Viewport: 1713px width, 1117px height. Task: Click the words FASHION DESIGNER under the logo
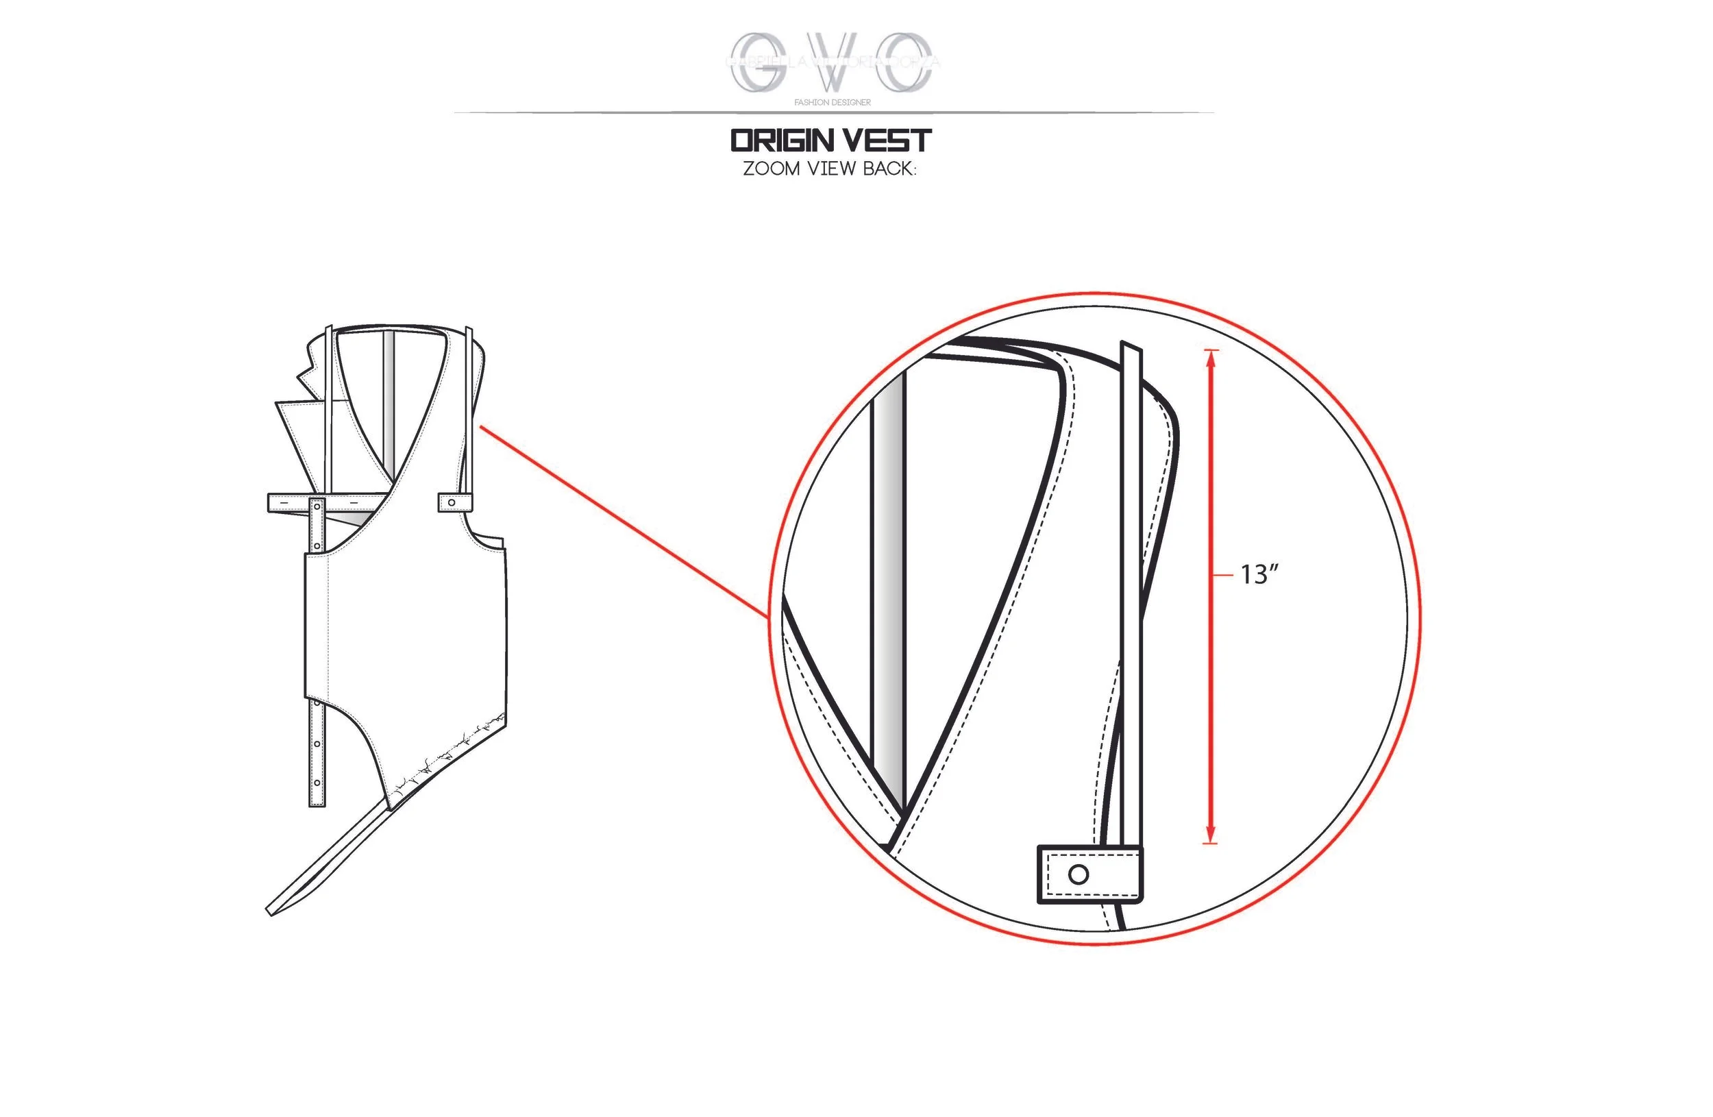[832, 102]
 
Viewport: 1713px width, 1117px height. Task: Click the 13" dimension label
[1259, 574]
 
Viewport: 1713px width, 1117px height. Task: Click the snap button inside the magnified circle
[1079, 874]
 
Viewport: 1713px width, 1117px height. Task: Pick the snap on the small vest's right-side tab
[452, 502]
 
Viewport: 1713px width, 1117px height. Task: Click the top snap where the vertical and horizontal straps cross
[317, 507]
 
